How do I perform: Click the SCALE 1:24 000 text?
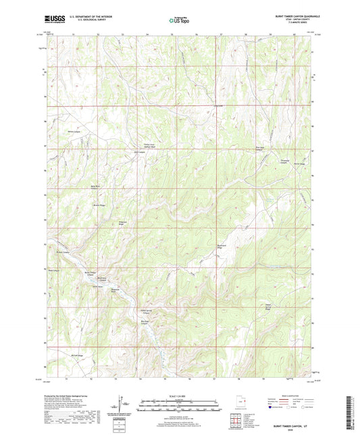pos(179,395)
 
